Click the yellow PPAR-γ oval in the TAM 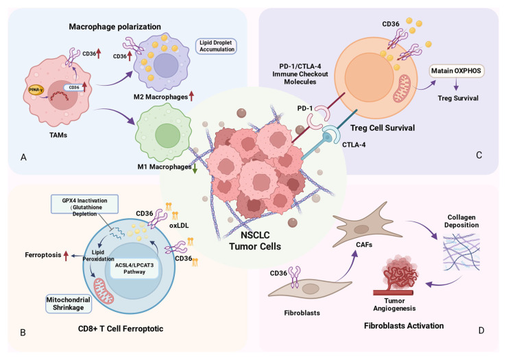[x=36, y=89]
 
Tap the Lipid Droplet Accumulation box [x=217, y=46]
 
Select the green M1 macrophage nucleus [x=167, y=136]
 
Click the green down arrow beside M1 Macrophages [x=195, y=169]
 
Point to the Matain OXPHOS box [x=456, y=71]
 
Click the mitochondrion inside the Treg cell [x=402, y=88]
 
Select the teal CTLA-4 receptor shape [x=331, y=136]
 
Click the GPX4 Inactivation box [x=84, y=204]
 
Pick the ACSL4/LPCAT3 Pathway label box [x=134, y=268]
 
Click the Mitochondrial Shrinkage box [x=69, y=304]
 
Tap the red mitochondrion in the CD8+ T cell [x=104, y=291]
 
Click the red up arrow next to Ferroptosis [x=66, y=256]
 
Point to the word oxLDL [x=179, y=226]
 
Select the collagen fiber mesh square [x=461, y=252]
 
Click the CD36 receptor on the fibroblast [x=295, y=277]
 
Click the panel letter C [x=479, y=155]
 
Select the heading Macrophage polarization [x=115, y=27]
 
